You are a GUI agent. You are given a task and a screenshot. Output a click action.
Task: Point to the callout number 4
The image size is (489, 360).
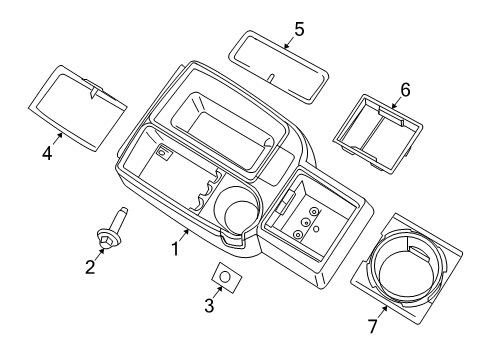point(45,156)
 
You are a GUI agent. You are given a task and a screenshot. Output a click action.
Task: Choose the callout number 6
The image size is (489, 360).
point(405,90)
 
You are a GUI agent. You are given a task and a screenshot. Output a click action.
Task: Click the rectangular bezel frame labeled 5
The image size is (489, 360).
point(281,63)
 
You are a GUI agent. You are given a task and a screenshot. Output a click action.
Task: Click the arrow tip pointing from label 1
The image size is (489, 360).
point(188,229)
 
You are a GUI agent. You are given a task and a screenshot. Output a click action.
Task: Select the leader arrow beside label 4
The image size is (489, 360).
point(55,143)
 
